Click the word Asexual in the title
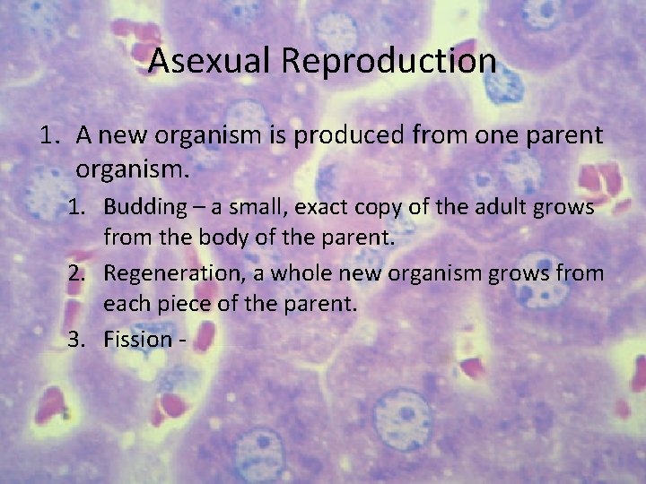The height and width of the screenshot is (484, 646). tap(211, 61)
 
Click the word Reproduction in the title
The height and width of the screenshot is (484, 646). tap(388, 61)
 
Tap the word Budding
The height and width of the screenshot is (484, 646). tap(143, 207)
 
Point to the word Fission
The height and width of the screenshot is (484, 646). tap(137, 339)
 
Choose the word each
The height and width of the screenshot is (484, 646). tap(127, 305)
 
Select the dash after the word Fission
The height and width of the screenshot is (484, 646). tap(185, 340)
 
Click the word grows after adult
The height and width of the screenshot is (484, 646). tap(566, 209)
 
